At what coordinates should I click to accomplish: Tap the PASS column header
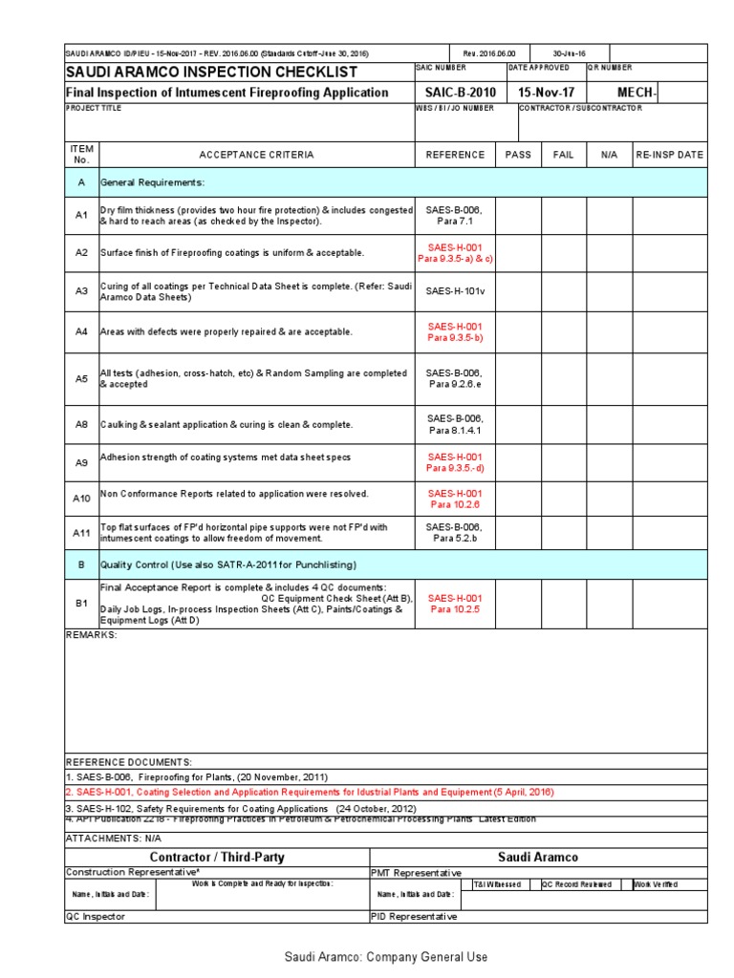[x=518, y=155]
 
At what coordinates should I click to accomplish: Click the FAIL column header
[x=564, y=155]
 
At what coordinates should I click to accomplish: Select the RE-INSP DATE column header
[x=669, y=155]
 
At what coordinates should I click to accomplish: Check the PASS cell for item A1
[x=518, y=215]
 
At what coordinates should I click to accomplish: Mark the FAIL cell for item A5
[x=564, y=378]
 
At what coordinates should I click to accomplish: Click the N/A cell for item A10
[x=610, y=498]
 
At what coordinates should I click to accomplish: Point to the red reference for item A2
[x=455, y=253]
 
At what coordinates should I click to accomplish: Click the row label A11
[x=81, y=533]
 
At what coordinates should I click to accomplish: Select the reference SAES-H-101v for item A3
[x=455, y=291]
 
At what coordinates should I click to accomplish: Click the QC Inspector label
[x=95, y=916]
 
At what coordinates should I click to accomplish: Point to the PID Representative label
[x=414, y=916]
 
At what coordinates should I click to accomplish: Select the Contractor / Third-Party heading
[x=217, y=857]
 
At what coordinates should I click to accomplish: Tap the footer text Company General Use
[x=385, y=956]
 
